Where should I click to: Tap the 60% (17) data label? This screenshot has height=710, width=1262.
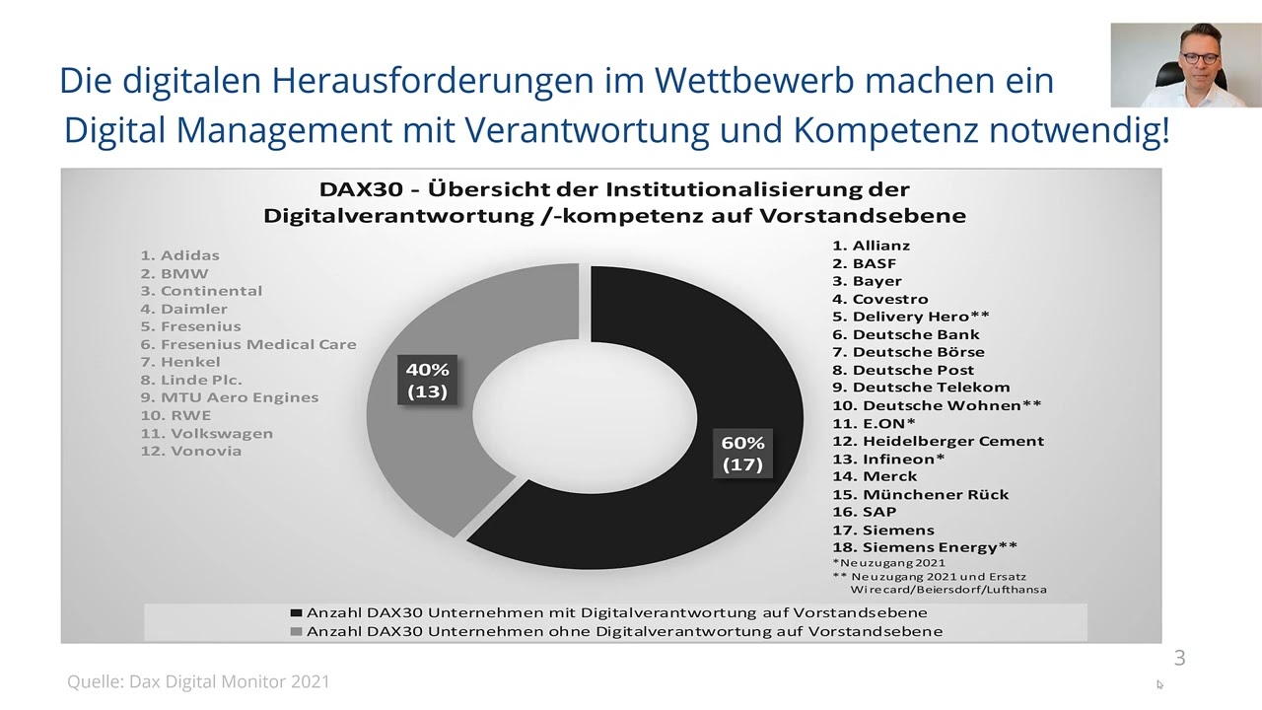point(742,454)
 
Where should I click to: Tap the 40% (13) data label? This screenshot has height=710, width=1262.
point(427,381)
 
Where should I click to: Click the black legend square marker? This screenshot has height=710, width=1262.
point(296,613)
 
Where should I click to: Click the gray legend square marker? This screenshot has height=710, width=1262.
point(296,631)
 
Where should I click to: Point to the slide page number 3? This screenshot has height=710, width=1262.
point(1179,658)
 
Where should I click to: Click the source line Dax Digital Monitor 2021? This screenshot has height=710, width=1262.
point(198,681)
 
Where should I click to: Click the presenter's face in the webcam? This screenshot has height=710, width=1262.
point(1198,55)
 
